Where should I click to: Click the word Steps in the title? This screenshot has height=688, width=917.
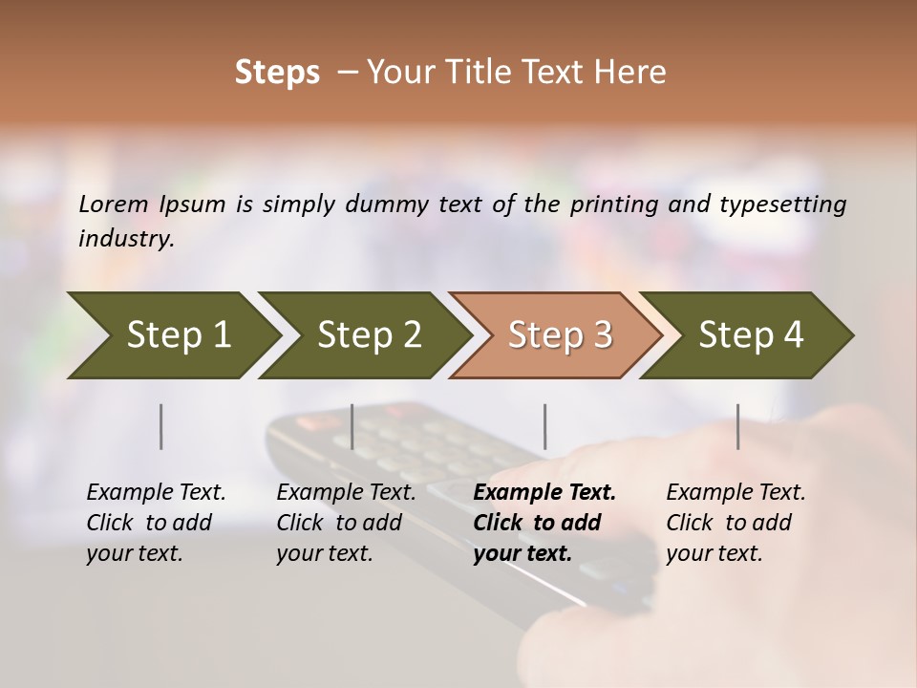(277, 73)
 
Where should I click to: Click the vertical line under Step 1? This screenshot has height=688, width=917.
(161, 426)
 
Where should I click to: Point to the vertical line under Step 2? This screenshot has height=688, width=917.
(352, 426)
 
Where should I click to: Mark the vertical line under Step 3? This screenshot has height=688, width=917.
(545, 426)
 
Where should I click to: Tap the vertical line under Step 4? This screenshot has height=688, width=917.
(738, 426)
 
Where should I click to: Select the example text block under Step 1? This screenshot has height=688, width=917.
(156, 523)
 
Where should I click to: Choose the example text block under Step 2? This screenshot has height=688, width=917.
(346, 523)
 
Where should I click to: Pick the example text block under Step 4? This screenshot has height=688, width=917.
(736, 523)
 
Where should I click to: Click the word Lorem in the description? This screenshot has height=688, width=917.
(114, 204)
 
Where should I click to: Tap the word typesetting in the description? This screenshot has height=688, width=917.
(782, 204)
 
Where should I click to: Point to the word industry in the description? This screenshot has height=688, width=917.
(126, 239)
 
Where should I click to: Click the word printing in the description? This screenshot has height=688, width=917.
(622, 204)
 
